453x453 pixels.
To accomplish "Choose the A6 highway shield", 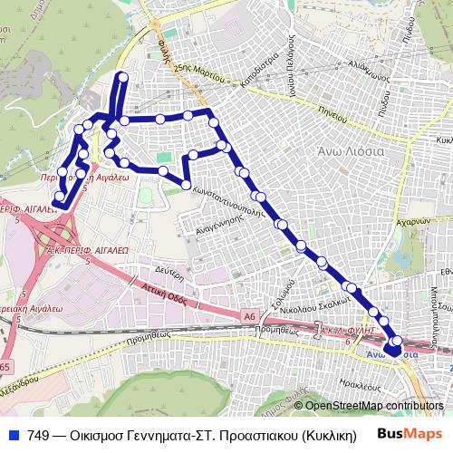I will click(x=248, y=314).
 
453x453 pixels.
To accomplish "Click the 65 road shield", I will click(x=7, y=367).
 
